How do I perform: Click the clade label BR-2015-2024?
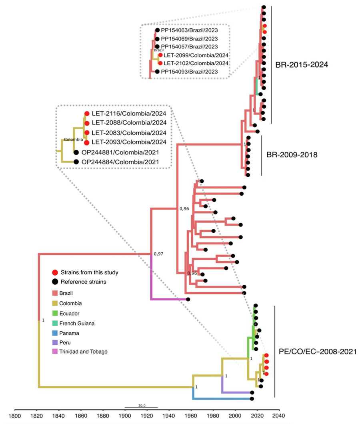click(x=302, y=65)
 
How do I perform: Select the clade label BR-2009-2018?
click(x=292, y=155)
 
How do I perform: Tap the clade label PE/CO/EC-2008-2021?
click(x=318, y=352)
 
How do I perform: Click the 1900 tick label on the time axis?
click(x=125, y=416)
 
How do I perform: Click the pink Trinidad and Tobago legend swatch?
click(x=55, y=352)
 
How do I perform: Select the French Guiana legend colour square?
click(x=55, y=323)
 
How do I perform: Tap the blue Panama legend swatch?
click(x=55, y=333)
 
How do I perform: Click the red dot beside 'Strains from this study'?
click(x=55, y=272)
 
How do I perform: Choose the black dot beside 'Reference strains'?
click(x=55, y=282)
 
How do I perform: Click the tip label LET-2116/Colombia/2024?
click(x=129, y=114)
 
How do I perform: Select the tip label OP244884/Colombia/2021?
click(x=120, y=162)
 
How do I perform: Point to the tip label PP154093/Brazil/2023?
click(x=189, y=72)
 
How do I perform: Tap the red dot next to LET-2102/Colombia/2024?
click(x=160, y=63)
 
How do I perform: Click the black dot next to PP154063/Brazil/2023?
click(x=158, y=30)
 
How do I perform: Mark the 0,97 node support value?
click(x=158, y=254)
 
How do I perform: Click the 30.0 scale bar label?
click(x=142, y=406)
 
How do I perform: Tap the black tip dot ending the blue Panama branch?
click(x=252, y=399)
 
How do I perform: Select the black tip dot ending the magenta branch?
click(x=188, y=299)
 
